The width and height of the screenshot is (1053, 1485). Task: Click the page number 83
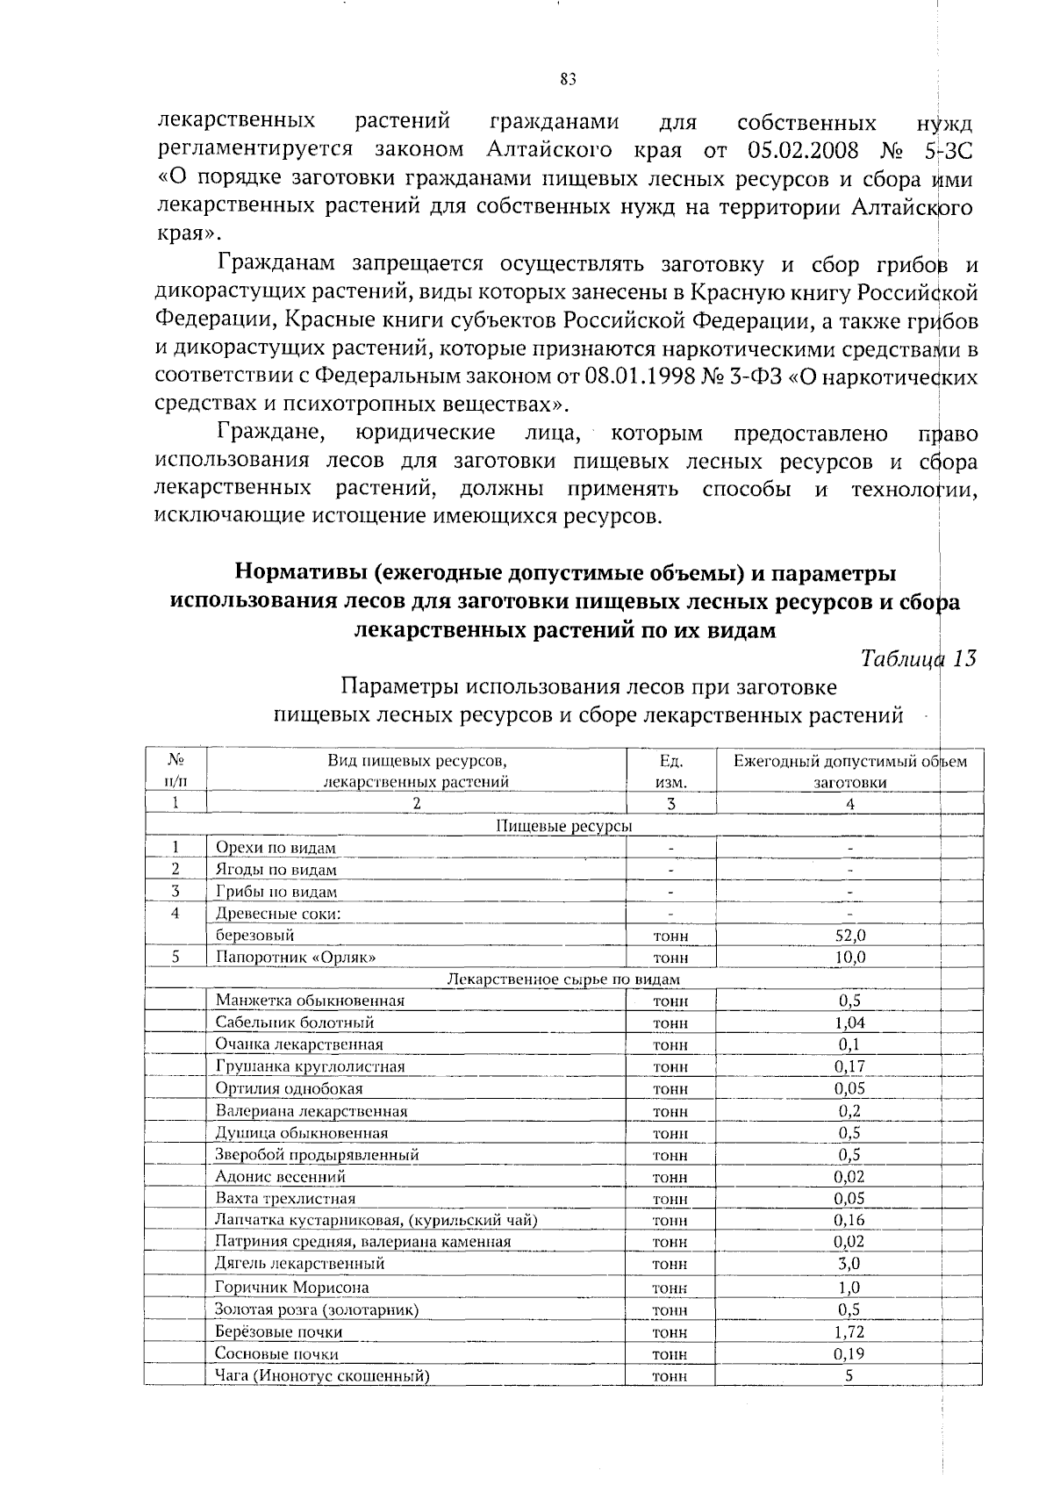tap(567, 80)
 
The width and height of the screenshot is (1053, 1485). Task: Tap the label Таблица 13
tap(919, 658)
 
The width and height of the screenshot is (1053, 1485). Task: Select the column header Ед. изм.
tap(670, 771)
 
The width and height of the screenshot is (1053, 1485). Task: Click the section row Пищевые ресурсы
tap(563, 826)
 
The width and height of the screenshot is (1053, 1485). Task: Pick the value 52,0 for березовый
tap(849, 936)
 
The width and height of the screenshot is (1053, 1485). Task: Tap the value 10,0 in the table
tap(849, 958)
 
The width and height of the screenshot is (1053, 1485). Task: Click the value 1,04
tap(849, 1022)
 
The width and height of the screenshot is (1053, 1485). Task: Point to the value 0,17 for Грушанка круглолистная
tap(849, 1066)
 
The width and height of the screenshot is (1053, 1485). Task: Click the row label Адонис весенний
tap(281, 1176)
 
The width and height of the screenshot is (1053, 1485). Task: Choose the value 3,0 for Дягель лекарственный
tap(849, 1264)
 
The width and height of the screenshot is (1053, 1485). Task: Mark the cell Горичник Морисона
tap(292, 1288)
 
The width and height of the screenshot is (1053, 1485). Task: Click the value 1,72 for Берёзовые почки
tap(849, 1331)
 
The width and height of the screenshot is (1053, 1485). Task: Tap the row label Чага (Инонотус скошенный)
tap(322, 1375)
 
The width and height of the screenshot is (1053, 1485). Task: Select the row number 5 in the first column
tap(175, 957)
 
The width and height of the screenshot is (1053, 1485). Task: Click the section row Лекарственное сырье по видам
tap(563, 979)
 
